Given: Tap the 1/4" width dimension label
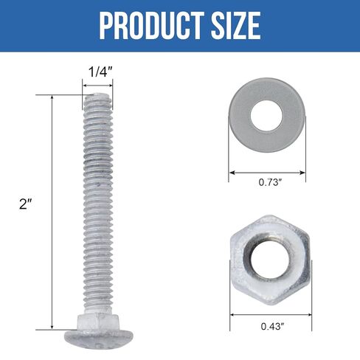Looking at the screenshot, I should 97,72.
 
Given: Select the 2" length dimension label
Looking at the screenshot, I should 27,205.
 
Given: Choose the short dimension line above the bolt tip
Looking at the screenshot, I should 97,84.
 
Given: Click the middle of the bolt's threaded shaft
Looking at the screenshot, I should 97,207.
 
